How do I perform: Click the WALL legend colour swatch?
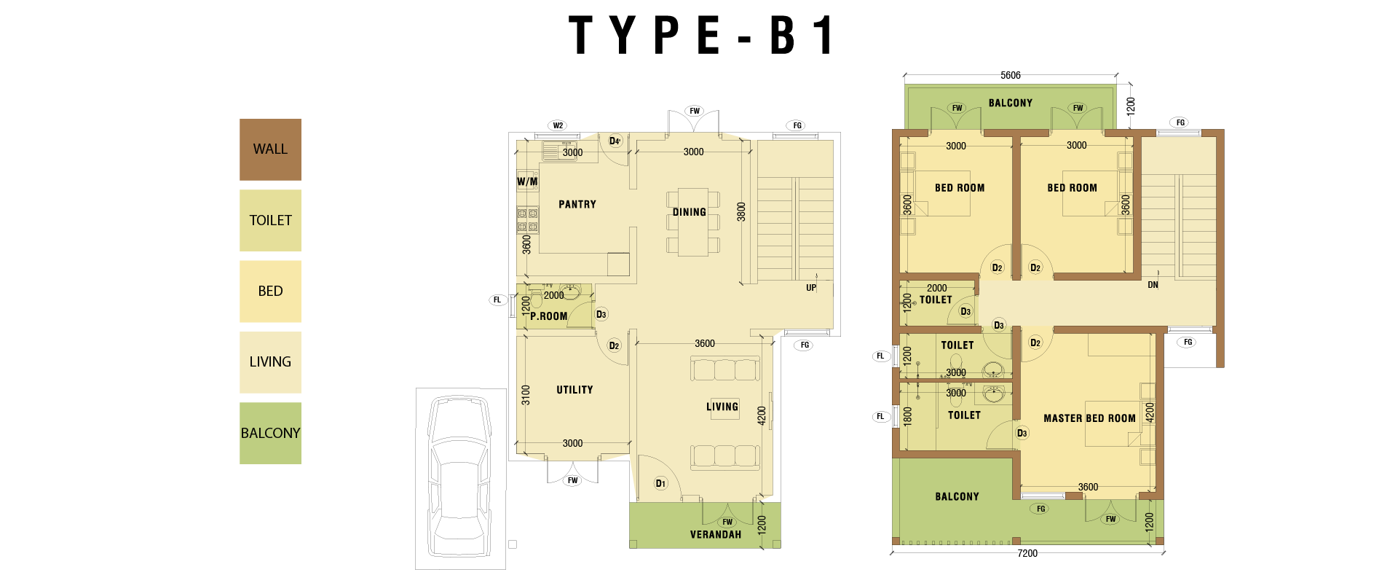tap(270, 149)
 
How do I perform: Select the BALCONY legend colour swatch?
tap(270, 433)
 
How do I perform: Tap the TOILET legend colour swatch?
tap(270, 220)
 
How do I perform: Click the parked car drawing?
tap(459, 477)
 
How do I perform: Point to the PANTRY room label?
tap(577, 205)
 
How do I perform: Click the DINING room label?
tap(690, 212)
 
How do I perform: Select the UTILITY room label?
tap(574, 390)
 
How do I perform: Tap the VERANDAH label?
tap(716, 534)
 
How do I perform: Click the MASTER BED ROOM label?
tap(1089, 418)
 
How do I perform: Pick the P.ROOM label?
tap(548, 316)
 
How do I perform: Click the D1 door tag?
tap(660, 483)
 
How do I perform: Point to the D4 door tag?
tap(615, 141)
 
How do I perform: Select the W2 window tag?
tap(558, 125)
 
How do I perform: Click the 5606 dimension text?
tap(1011, 75)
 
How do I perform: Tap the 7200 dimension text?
tap(1027, 553)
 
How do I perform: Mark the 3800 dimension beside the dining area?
tap(741, 212)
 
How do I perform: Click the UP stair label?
tap(811, 288)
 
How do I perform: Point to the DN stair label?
tap(1153, 285)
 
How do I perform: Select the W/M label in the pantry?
tap(527, 181)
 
